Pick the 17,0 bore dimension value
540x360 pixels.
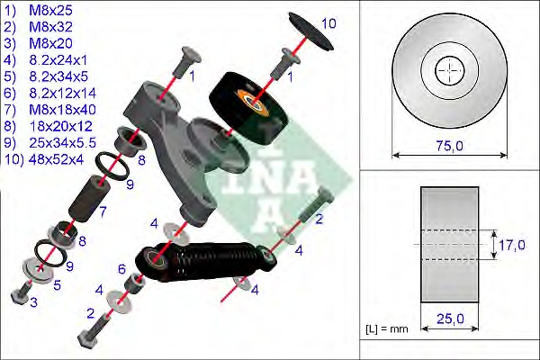click(x=515, y=243)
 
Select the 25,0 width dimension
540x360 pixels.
click(x=448, y=316)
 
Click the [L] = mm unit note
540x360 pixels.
click(x=388, y=329)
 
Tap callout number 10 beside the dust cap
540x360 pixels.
click(x=328, y=22)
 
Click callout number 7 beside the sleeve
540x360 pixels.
click(x=103, y=212)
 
